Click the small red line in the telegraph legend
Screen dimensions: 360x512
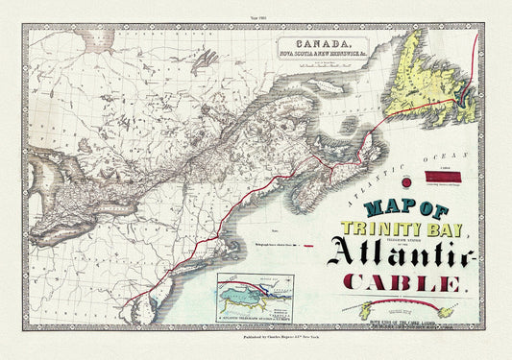coord(308,247)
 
